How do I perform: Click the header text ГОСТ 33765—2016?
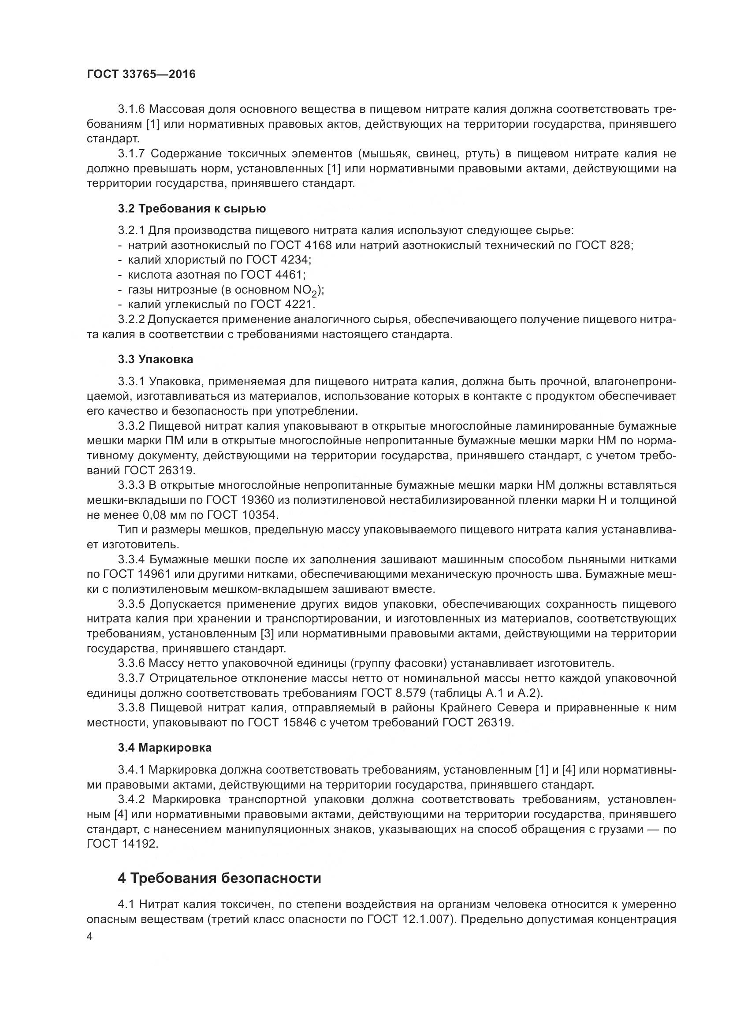coord(141,74)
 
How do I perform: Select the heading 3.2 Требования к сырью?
coord(192,208)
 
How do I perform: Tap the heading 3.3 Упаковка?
coord(156,359)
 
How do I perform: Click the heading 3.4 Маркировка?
coord(165,748)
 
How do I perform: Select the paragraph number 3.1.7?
coord(131,154)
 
